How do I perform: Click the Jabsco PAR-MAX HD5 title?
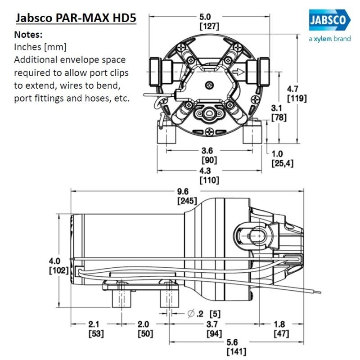tap(76, 19)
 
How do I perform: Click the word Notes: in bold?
tap(29, 35)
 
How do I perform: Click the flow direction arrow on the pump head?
tap(238, 72)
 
